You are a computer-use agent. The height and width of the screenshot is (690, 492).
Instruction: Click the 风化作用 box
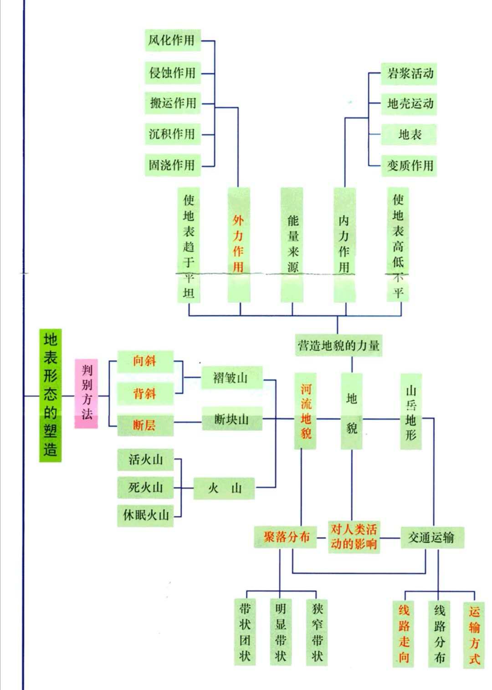(x=172, y=40)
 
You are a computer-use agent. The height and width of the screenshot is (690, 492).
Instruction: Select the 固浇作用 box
(x=172, y=164)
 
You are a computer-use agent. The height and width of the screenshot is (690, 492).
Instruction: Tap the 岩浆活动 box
(x=409, y=73)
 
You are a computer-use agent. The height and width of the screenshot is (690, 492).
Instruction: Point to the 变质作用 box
(x=409, y=165)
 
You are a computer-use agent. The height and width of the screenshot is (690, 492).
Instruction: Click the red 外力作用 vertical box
(x=239, y=245)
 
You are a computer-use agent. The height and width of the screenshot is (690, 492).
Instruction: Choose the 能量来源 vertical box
(x=292, y=245)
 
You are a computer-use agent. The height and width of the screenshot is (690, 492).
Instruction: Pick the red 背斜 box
(x=145, y=394)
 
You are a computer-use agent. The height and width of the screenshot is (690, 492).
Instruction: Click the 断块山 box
(x=232, y=419)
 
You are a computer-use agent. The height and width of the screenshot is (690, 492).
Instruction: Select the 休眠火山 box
(x=145, y=515)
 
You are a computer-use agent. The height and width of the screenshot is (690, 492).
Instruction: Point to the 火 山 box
(x=224, y=488)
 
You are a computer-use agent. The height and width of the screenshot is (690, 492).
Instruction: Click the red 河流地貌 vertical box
(x=305, y=411)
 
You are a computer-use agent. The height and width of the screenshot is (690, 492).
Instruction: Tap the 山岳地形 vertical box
(x=411, y=411)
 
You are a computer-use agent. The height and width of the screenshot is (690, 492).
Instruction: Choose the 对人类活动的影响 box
(x=354, y=537)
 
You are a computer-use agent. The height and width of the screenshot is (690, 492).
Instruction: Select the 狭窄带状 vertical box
(x=317, y=632)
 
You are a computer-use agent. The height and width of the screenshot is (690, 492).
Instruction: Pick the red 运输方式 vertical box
(x=474, y=634)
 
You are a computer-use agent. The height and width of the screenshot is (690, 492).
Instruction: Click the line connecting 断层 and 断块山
(x=187, y=422)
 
